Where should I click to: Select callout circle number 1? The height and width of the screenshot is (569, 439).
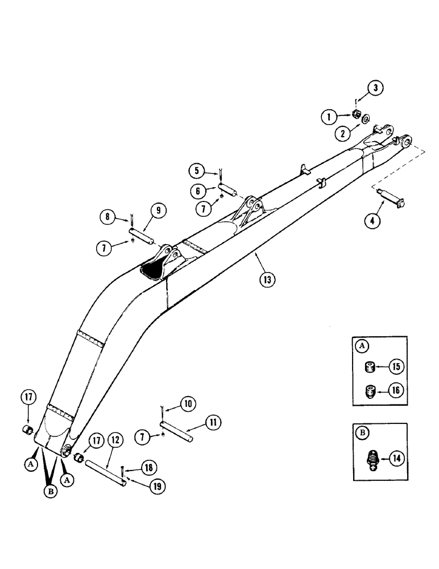tap(328, 118)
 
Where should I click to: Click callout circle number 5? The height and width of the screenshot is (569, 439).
tap(196, 169)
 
